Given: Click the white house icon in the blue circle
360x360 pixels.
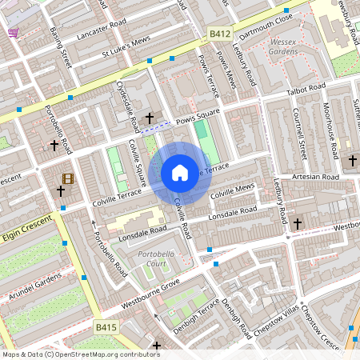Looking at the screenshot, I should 180,172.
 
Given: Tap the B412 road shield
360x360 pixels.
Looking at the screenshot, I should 220,34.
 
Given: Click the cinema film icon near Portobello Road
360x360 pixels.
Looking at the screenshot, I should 67,178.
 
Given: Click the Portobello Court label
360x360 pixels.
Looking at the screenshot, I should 161,258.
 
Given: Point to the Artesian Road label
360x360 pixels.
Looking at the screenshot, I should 315,176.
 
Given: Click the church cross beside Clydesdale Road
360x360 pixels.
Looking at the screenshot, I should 149,118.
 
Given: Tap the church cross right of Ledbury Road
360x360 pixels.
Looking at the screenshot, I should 298,223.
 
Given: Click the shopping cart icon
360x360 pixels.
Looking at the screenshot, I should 14,33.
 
